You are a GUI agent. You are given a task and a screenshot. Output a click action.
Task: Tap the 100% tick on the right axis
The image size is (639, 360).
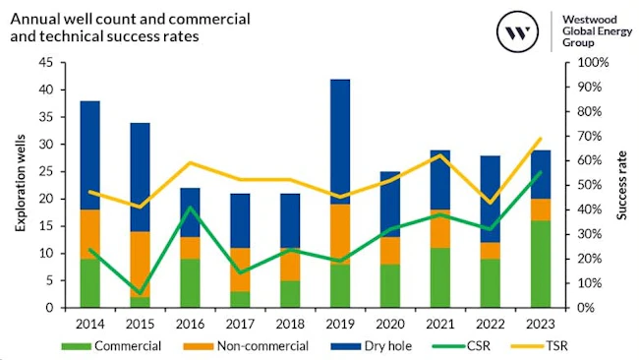[x=592, y=62]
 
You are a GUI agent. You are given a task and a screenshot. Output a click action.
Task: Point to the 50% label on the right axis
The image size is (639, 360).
[x=589, y=185]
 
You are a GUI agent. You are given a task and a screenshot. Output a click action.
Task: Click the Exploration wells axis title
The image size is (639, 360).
[x=19, y=184]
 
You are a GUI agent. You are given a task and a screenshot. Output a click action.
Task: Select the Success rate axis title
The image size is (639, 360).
[x=622, y=184]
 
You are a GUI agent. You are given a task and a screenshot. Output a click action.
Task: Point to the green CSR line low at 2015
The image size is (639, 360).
[x=140, y=293]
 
